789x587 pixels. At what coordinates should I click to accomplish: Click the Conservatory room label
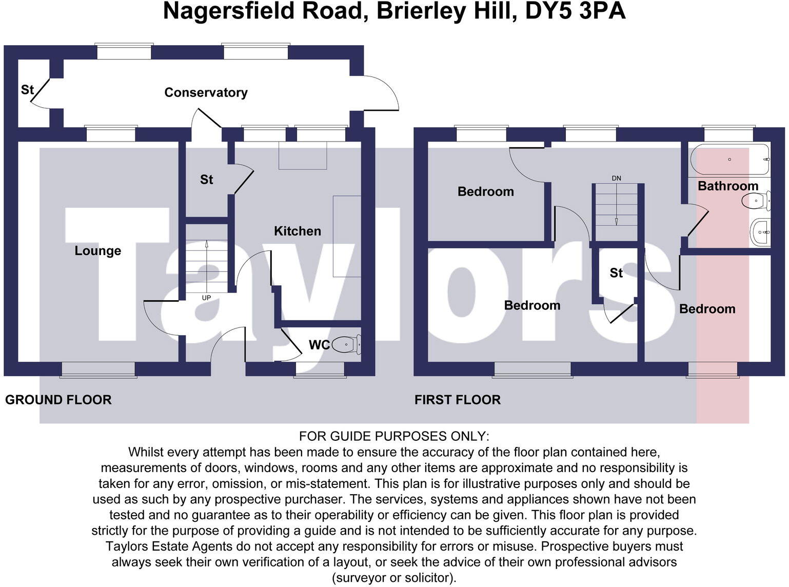[x=206, y=92]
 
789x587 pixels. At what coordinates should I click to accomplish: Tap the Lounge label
[x=97, y=250]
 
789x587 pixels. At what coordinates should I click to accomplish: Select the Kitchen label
[x=297, y=231]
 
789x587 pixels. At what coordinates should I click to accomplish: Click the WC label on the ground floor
[x=319, y=345]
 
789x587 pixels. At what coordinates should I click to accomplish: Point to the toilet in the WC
[x=346, y=344]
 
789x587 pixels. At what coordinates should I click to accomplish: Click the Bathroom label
[x=727, y=186]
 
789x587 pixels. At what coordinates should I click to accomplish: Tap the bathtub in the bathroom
[x=729, y=160]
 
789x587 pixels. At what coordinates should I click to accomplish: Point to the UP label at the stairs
[x=206, y=298]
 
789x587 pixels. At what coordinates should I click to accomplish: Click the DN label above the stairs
[x=616, y=179]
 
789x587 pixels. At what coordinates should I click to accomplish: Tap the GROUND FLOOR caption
[x=58, y=400]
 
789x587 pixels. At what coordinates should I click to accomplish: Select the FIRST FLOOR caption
[x=457, y=400]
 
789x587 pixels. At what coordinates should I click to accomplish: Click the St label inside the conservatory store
[x=27, y=90]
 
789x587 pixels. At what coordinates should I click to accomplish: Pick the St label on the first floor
[x=616, y=273]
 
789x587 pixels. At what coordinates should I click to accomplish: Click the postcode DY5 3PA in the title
[x=575, y=11]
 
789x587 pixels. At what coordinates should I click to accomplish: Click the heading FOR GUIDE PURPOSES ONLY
[x=394, y=436]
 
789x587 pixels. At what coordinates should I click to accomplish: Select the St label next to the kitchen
[x=206, y=180]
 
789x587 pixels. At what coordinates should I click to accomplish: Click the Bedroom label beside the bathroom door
[x=707, y=309]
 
